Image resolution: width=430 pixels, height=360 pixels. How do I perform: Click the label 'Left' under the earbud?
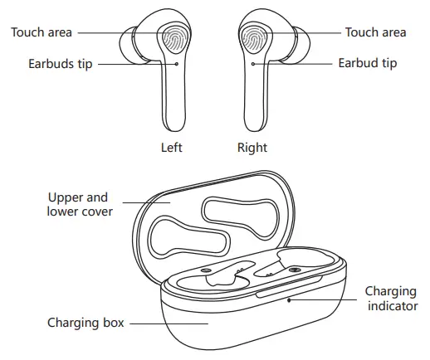point(172,148)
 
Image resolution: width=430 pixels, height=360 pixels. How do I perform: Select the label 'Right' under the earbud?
point(252,148)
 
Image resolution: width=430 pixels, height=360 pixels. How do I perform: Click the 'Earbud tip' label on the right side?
point(367,63)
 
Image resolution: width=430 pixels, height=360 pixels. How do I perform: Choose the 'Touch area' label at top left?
point(42,32)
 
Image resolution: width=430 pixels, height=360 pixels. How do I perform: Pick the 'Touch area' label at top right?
point(376,32)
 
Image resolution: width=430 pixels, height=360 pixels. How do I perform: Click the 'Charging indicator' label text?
point(390,299)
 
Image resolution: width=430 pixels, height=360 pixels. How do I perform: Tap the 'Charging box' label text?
point(86,322)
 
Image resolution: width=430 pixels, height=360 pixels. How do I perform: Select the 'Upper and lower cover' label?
point(78,205)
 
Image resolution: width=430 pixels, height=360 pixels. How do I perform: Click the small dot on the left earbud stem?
point(177,62)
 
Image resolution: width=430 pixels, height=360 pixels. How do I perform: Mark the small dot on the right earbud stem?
point(252,62)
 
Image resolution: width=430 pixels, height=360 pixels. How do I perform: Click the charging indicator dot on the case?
point(289,300)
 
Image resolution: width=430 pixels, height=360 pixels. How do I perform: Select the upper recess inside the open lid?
point(238,211)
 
